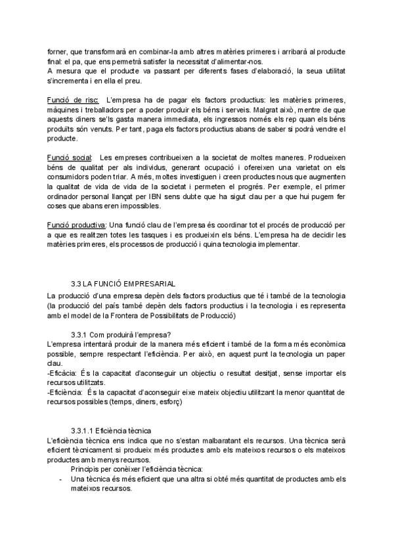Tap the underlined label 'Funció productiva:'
77,225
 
